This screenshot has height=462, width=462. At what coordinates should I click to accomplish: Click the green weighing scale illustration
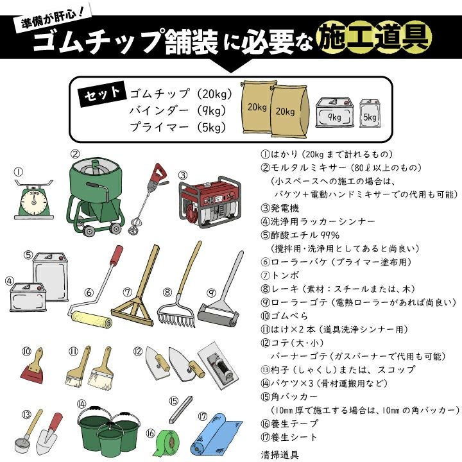pos(34,200)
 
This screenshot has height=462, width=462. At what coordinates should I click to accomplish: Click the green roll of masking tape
pos(167,443)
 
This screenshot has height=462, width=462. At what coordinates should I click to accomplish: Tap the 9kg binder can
pos(335,113)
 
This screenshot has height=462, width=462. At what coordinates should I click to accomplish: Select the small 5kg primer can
pos(370,114)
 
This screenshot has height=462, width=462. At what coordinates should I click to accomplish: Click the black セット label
pos(101,94)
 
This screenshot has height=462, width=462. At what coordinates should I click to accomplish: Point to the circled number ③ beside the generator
pos(183,175)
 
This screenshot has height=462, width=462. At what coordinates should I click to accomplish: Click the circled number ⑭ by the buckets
pos(81,404)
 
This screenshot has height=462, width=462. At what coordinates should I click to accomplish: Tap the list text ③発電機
pos(280,209)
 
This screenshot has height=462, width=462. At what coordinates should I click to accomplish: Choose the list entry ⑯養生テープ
pos(289,424)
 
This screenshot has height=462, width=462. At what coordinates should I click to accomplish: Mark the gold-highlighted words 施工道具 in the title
pos(374,37)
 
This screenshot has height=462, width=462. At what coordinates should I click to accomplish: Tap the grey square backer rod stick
pos(181,409)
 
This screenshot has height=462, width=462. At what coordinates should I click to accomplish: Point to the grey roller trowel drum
pos(218,314)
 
